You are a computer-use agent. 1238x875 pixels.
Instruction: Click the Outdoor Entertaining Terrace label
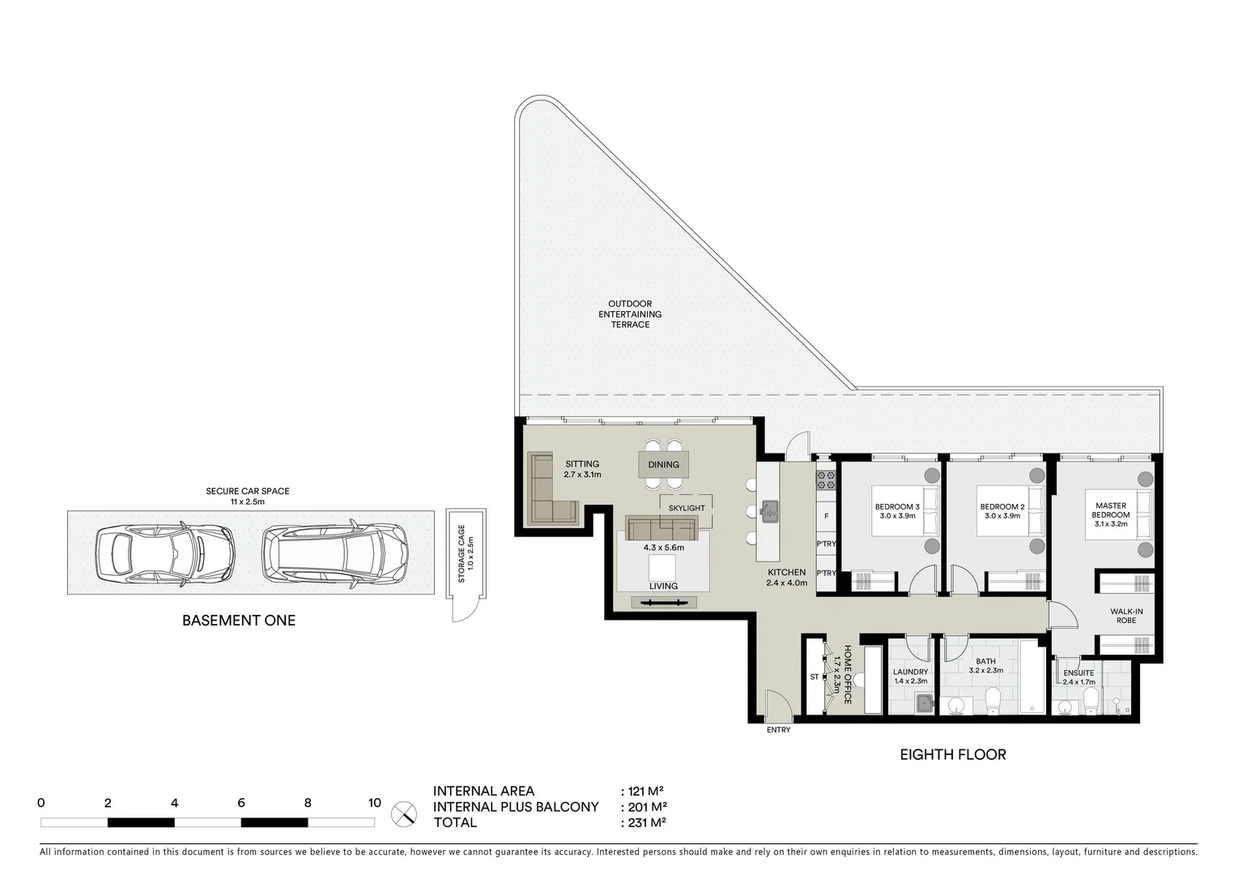point(629,314)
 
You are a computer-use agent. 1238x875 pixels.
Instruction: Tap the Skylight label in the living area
point(686,508)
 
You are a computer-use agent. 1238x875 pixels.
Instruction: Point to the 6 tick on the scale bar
point(241,804)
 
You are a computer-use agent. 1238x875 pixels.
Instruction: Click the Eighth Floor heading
point(952,754)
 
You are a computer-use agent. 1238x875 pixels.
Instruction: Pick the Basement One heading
point(238,621)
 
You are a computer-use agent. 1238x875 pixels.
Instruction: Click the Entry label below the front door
point(777,730)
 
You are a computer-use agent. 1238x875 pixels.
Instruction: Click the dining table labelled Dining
point(664,464)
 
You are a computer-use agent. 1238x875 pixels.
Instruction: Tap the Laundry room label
point(910,672)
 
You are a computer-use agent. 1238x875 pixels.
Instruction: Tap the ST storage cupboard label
point(814,677)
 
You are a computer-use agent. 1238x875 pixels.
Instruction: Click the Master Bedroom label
point(1110,510)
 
